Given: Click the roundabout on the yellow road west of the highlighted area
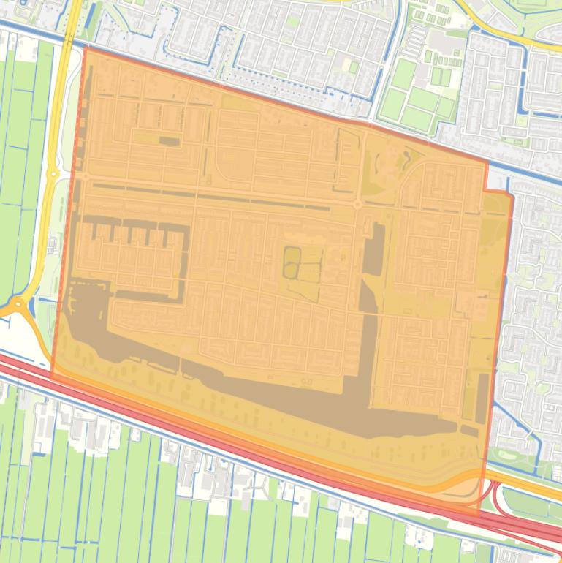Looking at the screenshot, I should [x=53, y=175].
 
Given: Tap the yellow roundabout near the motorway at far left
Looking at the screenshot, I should [x=16, y=303].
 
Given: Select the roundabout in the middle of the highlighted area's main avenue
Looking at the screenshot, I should [x=357, y=205].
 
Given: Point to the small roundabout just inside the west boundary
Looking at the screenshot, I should [x=85, y=176].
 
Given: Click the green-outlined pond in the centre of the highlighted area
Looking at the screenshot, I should [x=292, y=261].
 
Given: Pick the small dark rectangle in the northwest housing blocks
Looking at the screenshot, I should [x=169, y=140].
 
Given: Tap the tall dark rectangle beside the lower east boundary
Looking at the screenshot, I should [x=482, y=398].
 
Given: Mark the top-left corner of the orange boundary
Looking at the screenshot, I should [x=86, y=48].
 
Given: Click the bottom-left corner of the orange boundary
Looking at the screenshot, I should [x=51, y=376].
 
